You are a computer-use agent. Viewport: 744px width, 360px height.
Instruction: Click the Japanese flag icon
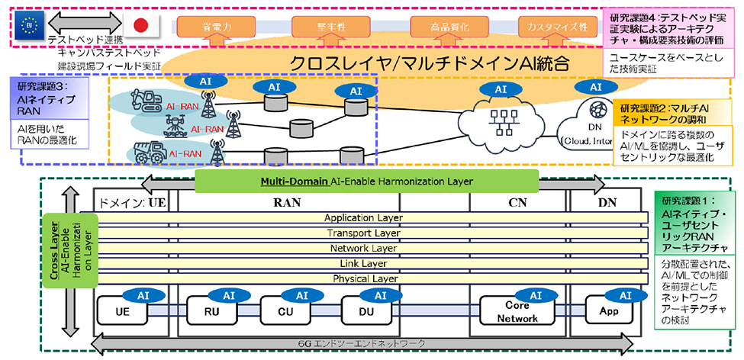click(x=140, y=25)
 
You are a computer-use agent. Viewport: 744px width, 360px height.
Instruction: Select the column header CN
click(x=519, y=202)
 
